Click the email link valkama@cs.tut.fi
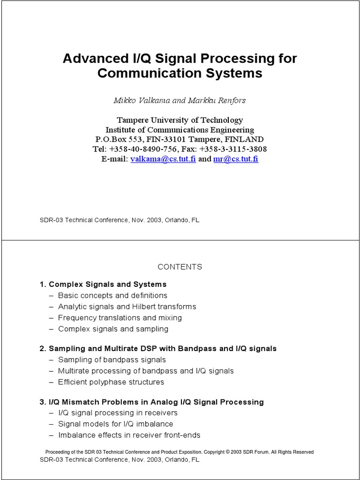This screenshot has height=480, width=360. pyautogui.click(x=163, y=159)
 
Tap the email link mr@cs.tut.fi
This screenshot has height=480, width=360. pyautogui.click(x=236, y=159)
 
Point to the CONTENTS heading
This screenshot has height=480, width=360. pyautogui.click(x=180, y=267)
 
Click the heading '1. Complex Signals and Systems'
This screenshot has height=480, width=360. pyautogui.click(x=103, y=284)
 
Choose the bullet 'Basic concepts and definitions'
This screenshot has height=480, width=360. pyautogui.click(x=112, y=295)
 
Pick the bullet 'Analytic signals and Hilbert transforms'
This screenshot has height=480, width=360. pyautogui.click(x=127, y=307)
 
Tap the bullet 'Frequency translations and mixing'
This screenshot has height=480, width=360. pyautogui.click(x=120, y=318)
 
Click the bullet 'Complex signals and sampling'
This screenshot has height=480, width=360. pyautogui.click(x=113, y=329)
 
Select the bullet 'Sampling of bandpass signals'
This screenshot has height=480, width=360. pyautogui.click(x=112, y=360)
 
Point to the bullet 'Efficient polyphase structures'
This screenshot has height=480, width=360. pyautogui.click(x=111, y=382)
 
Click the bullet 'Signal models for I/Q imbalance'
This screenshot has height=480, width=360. pyautogui.click(x=116, y=424)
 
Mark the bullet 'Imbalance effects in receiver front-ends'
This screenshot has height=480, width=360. pyautogui.click(x=129, y=435)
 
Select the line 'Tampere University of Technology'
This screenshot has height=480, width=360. pyautogui.click(x=180, y=120)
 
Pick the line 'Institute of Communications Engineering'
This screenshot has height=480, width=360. pyautogui.click(x=180, y=130)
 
